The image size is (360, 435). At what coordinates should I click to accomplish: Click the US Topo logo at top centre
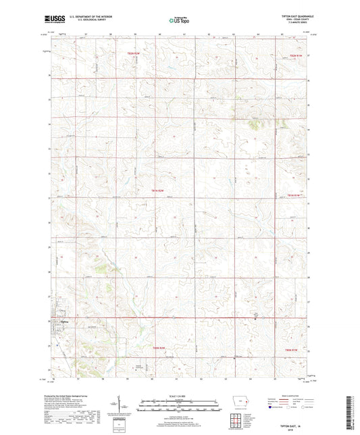pyautogui.click(x=178, y=21)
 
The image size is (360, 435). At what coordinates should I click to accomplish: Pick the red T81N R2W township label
pyautogui.click(x=156, y=191)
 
